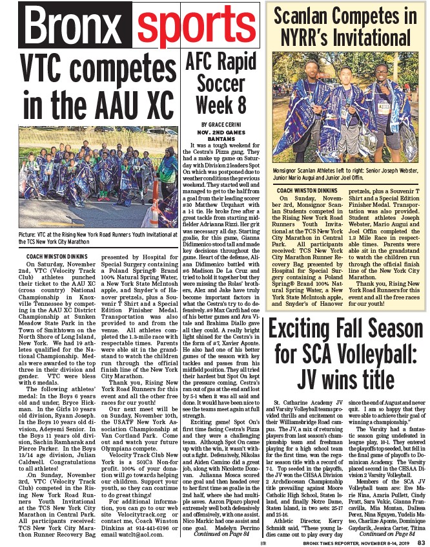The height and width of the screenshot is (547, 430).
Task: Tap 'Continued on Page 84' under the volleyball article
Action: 387,533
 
